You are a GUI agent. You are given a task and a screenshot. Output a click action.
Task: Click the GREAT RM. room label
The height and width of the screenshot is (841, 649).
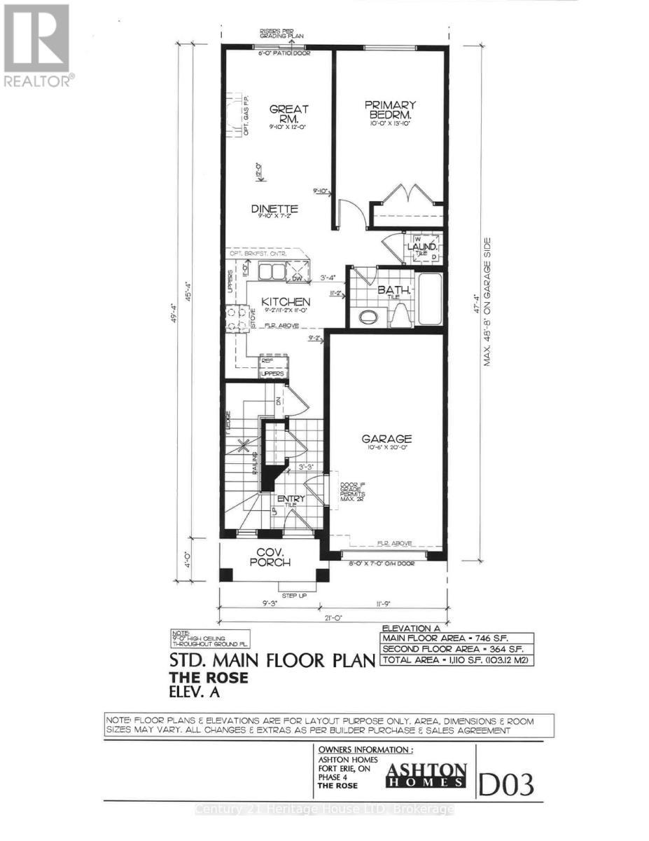(289, 114)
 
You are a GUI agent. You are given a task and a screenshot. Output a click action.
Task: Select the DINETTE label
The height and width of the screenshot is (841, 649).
(275, 209)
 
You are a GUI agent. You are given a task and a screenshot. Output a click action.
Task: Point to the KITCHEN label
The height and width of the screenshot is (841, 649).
(286, 302)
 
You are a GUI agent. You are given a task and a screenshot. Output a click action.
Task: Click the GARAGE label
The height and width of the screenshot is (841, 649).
(386, 439)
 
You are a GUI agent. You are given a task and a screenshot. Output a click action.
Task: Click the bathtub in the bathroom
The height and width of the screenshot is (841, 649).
(430, 301)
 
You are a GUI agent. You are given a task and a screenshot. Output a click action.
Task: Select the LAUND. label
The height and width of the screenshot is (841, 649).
(425, 247)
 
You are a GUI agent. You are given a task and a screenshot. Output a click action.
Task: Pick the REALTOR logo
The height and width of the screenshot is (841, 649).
(36, 45)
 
